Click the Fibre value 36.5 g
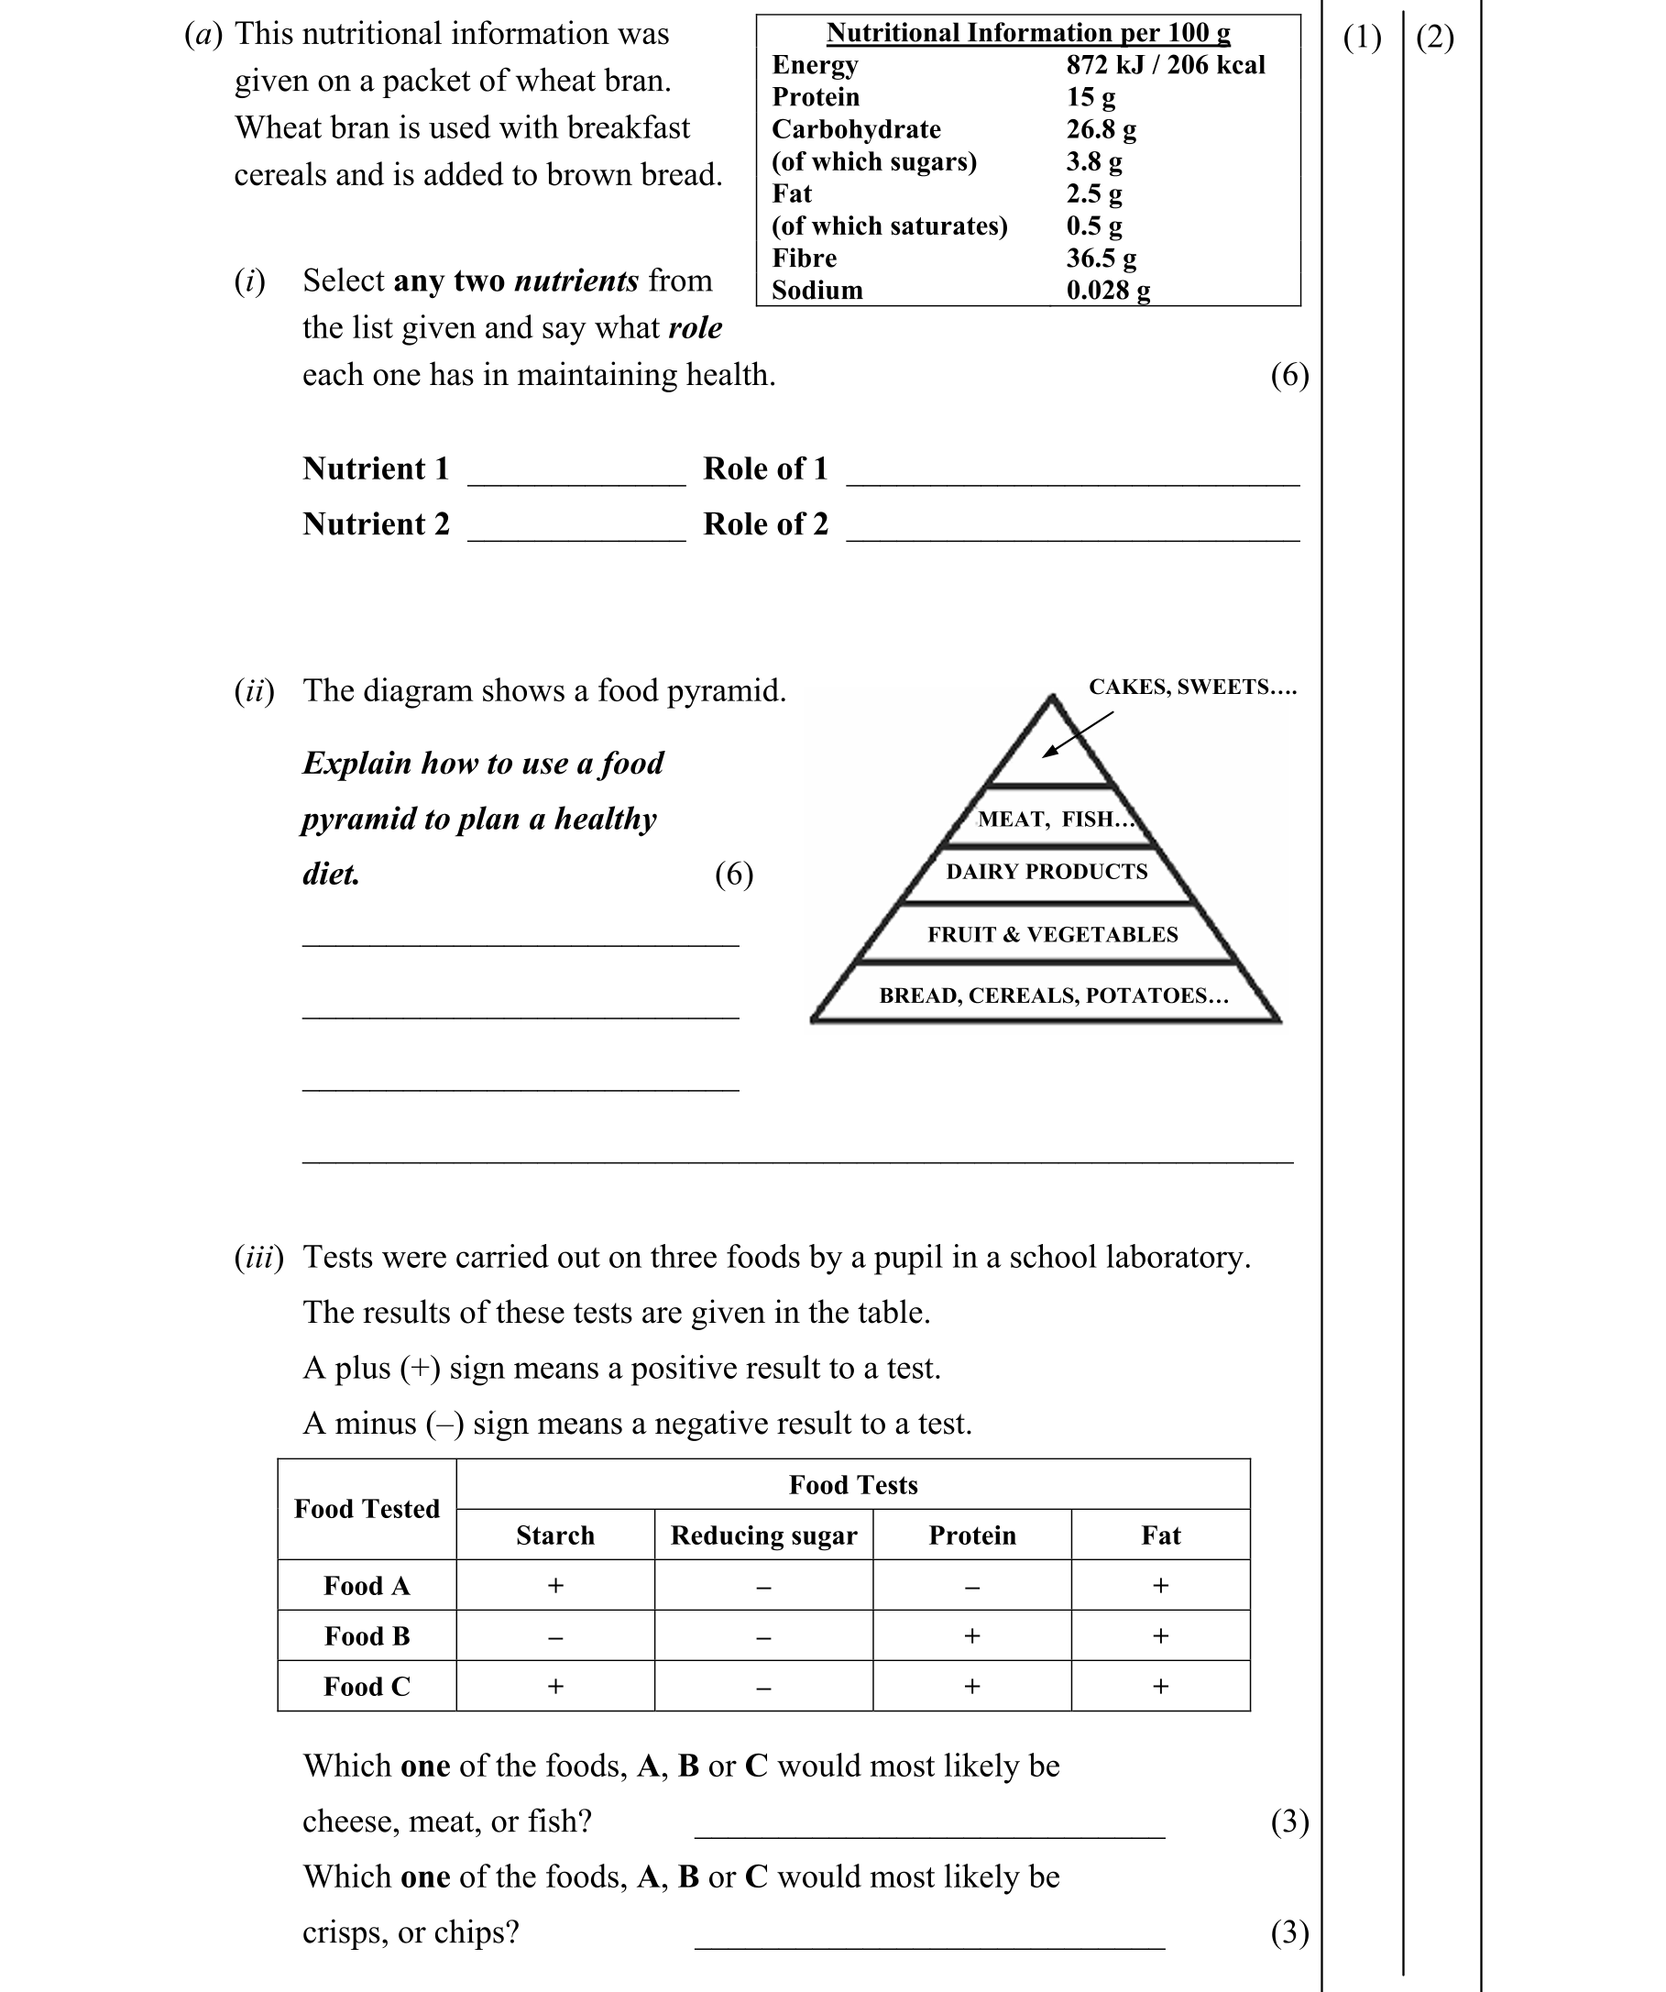tap(1101, 258)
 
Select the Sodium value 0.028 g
tap(1108, 291)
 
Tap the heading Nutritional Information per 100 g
tap(1028, 33)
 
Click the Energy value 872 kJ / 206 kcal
tap(1166, 65)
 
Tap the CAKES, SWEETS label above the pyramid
tap(1192, 687)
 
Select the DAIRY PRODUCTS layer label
tap(1047, 872)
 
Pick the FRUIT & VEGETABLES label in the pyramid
tap(1053, 934)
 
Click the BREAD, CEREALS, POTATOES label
tap(1054, 995)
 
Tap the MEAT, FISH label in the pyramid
tap(1056, 820)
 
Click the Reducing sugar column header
tap(763, 1535)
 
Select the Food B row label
tap(367, 1635)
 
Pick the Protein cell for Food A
tap(972, 1586)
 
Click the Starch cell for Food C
tap(555, 1686)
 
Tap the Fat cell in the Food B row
tap(1160, 1635)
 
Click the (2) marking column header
tap(1435, 38)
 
